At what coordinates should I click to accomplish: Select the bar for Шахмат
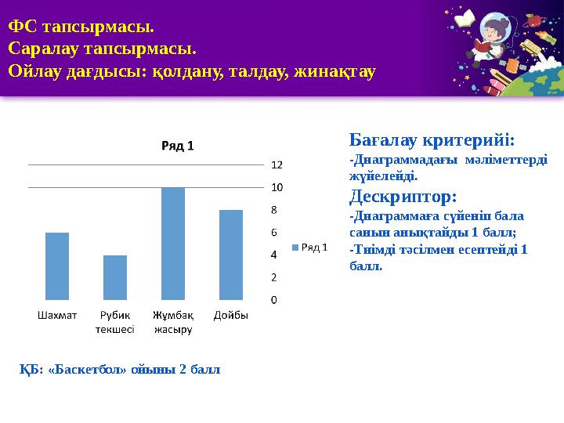(x=57, y=266)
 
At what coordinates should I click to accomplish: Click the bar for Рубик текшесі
(x=115, y=277)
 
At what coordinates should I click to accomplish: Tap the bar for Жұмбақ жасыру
(x=173, y=244)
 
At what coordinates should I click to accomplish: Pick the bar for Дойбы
(x=231, y=255)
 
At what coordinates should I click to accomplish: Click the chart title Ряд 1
(x=178, y=145)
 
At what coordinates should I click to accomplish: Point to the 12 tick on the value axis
(x=277, y=165)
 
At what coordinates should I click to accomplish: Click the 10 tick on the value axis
(x=277, y=188)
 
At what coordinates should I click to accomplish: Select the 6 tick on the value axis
(x=274, y=233)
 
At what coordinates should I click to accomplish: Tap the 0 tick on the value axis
(x=274, y=300)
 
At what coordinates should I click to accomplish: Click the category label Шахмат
(x=57, y=316)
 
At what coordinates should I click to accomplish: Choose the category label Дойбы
(x=231, y=316)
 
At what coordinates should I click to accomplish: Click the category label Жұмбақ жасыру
(x=173, y=322)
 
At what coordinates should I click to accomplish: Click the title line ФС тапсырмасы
(x=81, y=27)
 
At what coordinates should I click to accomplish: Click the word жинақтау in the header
(x=338, y=71)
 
